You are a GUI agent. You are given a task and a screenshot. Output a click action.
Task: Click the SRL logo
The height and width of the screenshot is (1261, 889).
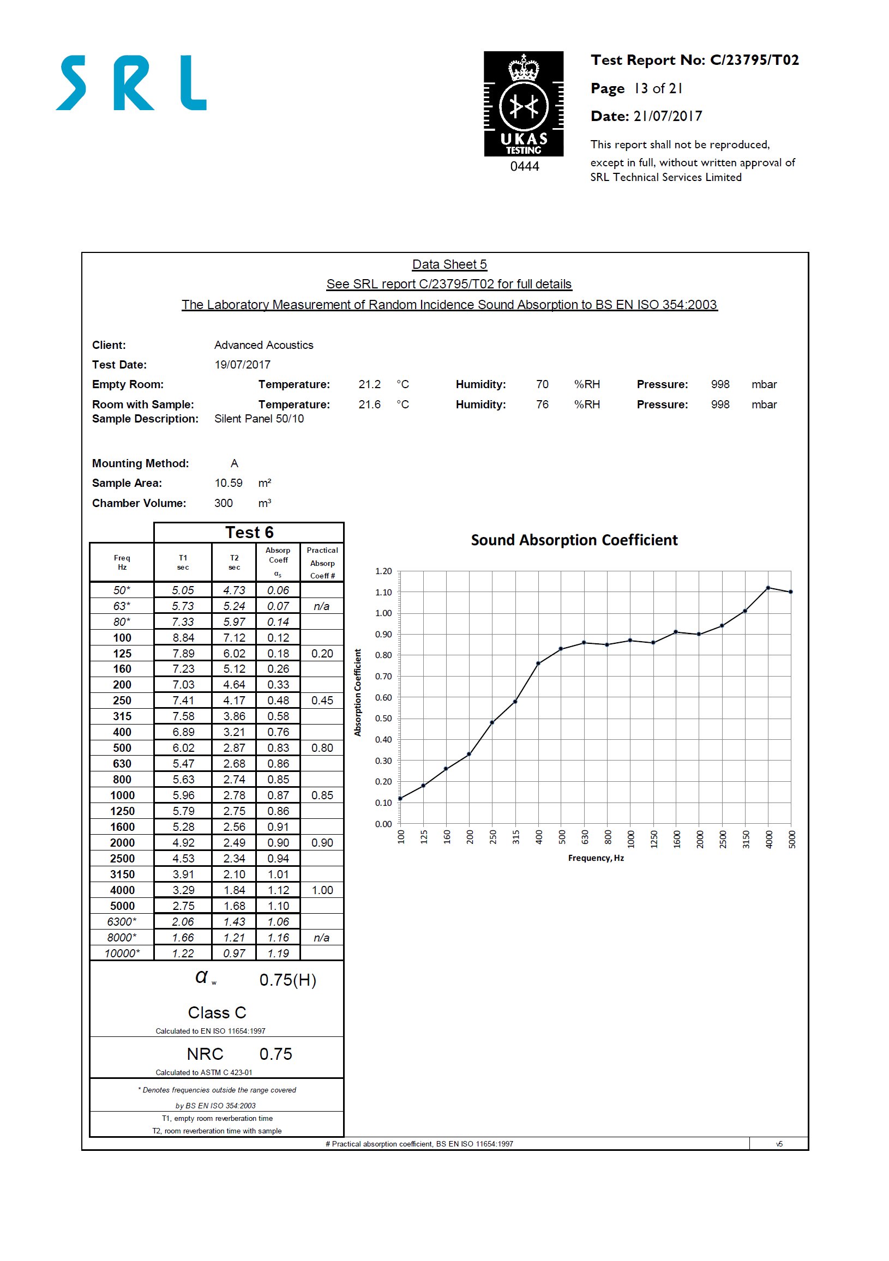[131, 82]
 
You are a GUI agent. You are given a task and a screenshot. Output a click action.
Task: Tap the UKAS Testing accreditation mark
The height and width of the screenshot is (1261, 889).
[523, 104]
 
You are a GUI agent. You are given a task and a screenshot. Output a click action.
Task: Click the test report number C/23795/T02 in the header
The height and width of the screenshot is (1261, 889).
[754, 60]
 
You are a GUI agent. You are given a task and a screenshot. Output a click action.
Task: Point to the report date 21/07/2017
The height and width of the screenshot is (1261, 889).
[668, 116]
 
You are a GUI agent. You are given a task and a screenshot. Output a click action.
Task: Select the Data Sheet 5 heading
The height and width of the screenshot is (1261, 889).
[449, 264]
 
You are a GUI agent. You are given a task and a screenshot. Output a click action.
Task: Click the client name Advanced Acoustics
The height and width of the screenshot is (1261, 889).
[263, 345]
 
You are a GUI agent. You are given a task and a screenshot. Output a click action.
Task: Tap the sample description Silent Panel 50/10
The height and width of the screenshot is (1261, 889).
[259, 419]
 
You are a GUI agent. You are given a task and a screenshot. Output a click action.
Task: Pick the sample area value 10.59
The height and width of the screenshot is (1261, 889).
[228, 483]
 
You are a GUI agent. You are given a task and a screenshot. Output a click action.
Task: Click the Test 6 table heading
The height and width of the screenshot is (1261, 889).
[249, 532]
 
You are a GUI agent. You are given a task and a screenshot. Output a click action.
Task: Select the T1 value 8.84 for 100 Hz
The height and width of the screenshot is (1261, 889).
[183, 638]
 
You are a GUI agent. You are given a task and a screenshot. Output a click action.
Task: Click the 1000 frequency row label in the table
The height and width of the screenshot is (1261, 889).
[122, 795]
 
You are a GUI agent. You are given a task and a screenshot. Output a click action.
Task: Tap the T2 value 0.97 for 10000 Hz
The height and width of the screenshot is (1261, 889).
[234, 954]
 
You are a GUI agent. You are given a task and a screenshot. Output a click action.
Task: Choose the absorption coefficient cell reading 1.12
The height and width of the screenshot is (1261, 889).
[278, 890]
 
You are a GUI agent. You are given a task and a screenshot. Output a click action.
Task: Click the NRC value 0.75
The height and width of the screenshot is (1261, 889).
[275, 1054]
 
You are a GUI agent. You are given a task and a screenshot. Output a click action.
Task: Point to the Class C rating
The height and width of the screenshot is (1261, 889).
[217, 1012]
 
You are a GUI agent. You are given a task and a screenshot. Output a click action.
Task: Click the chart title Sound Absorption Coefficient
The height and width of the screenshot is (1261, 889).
[574, 540]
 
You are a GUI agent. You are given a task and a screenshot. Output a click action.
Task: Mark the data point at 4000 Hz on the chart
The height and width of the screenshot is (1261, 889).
[767, 588]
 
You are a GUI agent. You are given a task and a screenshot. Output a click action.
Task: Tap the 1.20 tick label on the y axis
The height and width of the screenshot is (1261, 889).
[383, 571]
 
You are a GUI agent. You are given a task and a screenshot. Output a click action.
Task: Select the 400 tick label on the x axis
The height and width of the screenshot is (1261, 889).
[538, 837]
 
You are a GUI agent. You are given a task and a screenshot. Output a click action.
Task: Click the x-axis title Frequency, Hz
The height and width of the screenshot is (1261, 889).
[596, 858]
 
